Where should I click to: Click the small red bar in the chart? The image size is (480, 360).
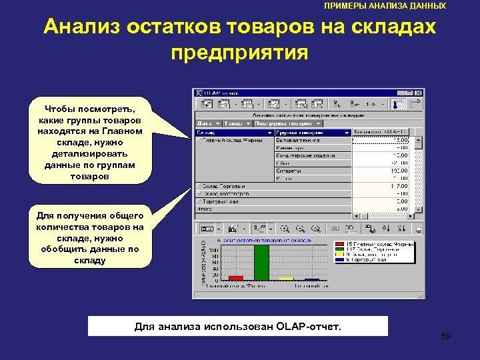(236, 277)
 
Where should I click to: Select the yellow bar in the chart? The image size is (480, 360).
(287, 279)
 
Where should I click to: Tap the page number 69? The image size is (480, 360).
(446, 336)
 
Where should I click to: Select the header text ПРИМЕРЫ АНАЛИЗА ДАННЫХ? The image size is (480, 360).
(385, 5)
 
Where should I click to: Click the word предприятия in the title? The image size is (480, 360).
(239, 53)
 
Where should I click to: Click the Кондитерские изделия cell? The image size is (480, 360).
(305, 155)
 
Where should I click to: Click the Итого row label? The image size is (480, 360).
(203, 208)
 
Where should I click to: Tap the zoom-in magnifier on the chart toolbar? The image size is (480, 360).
(285, 228)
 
